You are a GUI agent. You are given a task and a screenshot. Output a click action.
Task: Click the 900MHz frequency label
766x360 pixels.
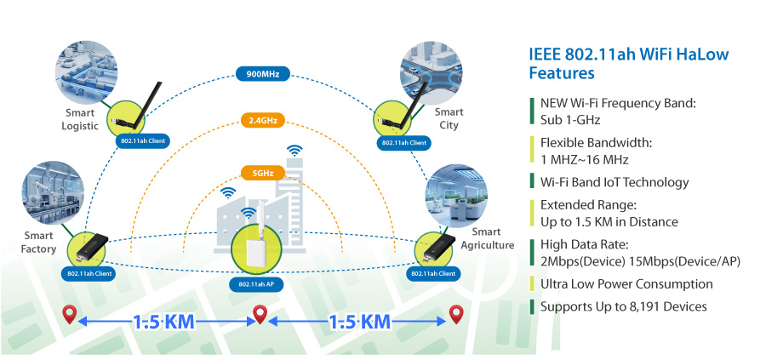[x=263, y=74]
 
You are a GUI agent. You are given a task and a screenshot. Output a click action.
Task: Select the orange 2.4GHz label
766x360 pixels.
[x=263, y=121]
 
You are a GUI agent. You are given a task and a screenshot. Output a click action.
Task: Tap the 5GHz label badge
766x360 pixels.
[x=263, y=173]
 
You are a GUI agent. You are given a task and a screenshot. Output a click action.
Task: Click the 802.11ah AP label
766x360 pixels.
[x=256, y=284]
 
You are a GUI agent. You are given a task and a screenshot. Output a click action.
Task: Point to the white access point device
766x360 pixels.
[x=256, y=249]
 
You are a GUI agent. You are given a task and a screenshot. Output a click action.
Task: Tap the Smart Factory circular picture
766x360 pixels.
[x=54, y=193]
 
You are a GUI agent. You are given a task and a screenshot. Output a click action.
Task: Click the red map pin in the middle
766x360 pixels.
[x=261, y=314]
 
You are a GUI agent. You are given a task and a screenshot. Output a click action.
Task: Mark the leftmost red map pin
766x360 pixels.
[x=71, y=314]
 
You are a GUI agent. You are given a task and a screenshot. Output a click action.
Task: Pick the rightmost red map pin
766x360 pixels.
[x=456, y=314]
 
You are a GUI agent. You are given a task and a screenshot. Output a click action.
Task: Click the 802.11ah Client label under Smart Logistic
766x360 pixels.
[x=144, y=141]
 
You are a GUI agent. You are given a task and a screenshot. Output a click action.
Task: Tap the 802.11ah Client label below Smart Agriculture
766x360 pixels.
[x=432, y=273]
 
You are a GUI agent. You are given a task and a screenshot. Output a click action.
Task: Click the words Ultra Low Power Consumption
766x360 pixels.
[x=626, y=283]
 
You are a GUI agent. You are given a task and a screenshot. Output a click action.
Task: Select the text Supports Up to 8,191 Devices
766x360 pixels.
[x=623, y=306]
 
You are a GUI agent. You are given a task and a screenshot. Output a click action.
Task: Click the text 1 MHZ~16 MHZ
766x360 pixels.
[x=584, y=159]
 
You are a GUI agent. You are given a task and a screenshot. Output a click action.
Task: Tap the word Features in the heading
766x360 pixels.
[x=562, y=73]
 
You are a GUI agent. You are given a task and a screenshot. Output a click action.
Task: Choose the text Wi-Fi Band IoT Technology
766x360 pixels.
[x=615, y=182]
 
